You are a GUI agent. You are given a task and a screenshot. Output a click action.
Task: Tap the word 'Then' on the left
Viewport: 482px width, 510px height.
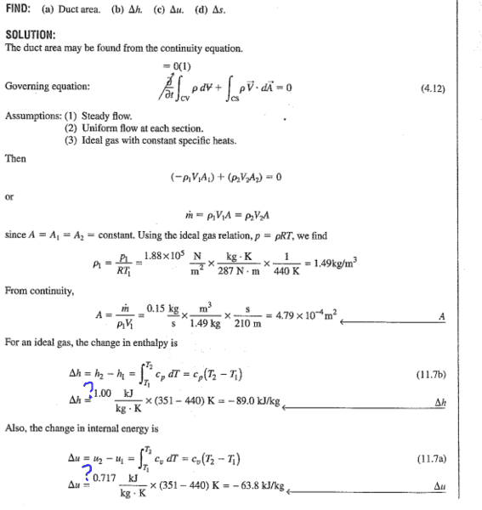tap(15, 158)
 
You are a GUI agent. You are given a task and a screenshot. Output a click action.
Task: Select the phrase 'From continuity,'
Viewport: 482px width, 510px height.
tap(34, 291)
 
